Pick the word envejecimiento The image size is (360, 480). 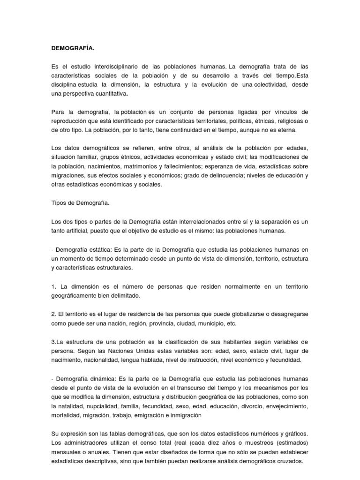(286, 405)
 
